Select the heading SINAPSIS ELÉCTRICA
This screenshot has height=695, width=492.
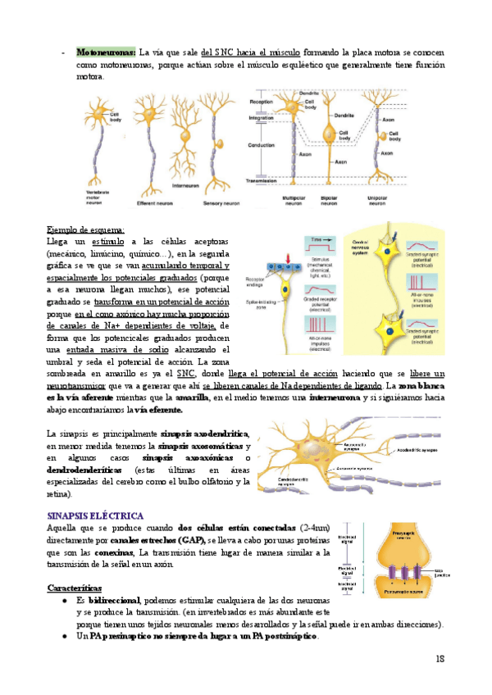[98, 516]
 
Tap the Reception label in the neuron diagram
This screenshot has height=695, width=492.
[261, 102]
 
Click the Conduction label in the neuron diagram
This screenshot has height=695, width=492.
[262, 144]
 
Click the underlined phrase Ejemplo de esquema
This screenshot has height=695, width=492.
[85, 230]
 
